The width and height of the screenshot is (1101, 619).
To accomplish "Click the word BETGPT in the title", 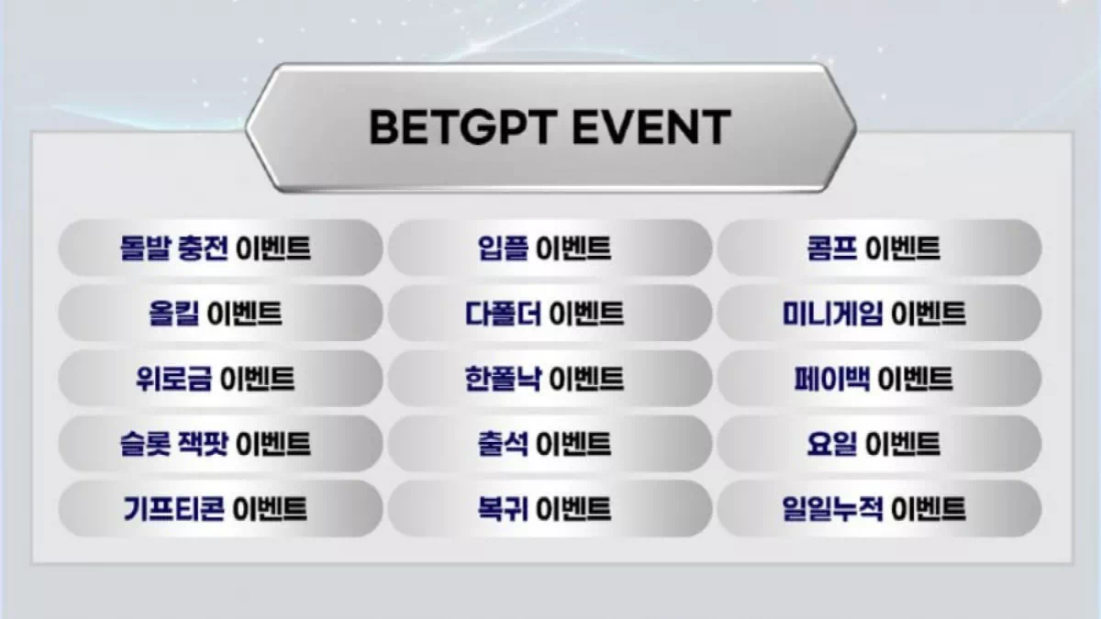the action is point(463,127).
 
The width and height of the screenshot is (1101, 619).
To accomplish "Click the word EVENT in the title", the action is point(651,127).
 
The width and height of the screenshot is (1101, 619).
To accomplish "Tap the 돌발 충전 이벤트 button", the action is point(220,248).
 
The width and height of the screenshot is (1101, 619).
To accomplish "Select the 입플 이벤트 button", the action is point(550,248).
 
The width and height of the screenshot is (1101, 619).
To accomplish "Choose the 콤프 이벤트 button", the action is point(879,248).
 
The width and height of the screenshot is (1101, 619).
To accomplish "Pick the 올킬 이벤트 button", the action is point(220,313).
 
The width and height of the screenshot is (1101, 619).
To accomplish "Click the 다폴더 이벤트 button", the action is point(550,313).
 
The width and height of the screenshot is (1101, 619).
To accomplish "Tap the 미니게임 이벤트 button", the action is point(879,313).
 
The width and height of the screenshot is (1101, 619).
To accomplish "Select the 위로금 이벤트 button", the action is point(220,378).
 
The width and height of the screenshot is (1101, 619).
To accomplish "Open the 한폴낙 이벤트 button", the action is point(550,378).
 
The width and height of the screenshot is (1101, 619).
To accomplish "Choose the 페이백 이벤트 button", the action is point(879,378).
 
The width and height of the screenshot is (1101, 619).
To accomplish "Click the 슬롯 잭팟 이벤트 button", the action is point(220,444).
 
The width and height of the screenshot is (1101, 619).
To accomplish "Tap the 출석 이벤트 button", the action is point(550,444).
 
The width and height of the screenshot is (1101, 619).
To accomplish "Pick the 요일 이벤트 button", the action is point(879,444).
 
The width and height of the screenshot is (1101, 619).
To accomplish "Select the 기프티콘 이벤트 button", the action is point(220,508).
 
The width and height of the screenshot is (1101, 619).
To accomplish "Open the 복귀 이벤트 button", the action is point(550,508).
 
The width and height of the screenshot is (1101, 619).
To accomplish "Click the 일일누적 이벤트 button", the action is point(879,508).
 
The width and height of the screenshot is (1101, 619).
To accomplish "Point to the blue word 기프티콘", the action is point(173,508).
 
